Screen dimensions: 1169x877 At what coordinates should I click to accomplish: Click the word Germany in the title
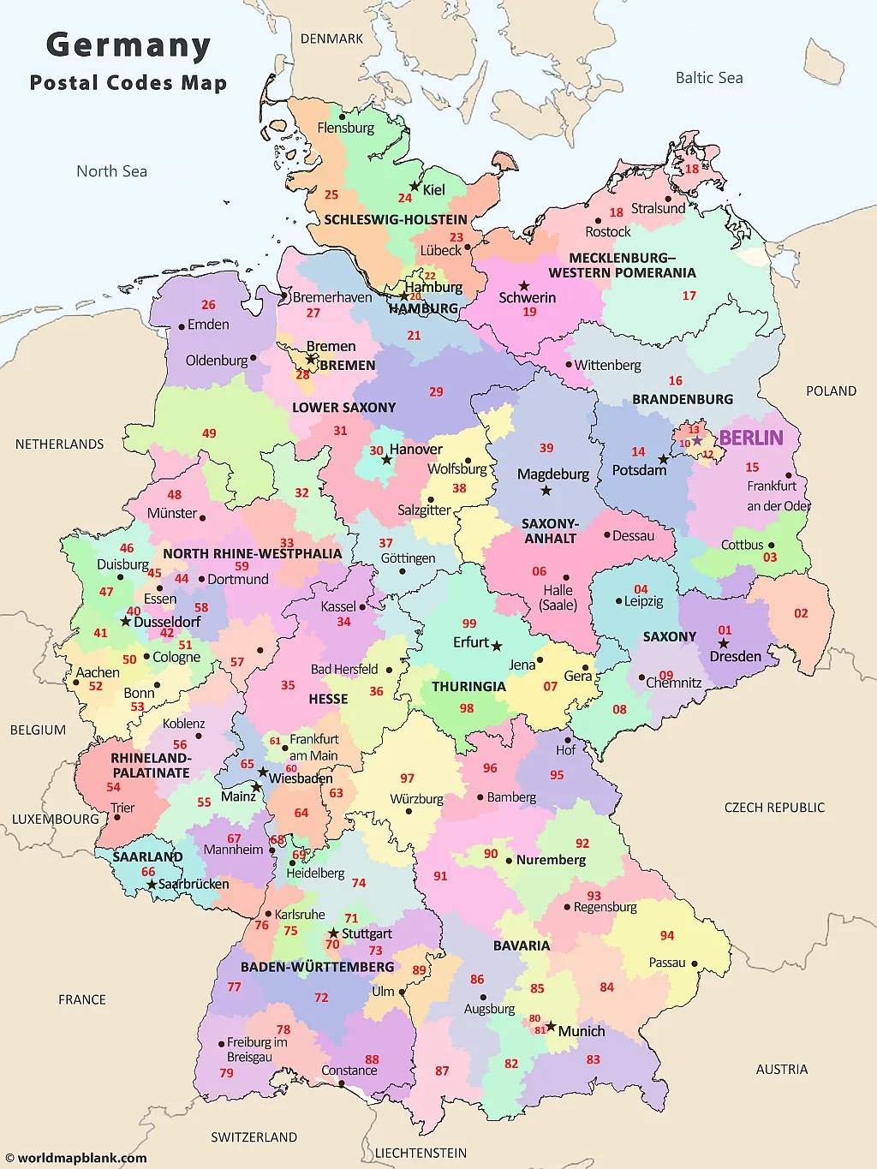tap(128, 45)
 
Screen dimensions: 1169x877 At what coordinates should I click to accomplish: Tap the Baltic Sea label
tap(709, 78)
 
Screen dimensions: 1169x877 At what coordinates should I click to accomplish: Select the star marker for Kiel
tap(415, 187)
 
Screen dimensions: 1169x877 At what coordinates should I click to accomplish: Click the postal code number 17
tap(689, 295)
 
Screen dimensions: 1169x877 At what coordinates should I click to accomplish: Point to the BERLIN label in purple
tap(751, 438)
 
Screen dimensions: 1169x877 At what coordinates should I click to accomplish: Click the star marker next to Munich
tap(551, 1026)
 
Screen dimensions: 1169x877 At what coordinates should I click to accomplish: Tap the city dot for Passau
tap(695, 963)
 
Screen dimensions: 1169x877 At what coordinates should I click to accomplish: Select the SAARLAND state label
tap(147, 856)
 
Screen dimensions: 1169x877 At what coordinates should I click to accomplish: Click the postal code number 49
tap(209, 433)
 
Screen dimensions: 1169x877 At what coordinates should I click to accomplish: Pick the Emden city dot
tap(182, 326)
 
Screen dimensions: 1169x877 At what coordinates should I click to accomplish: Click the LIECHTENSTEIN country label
tap(421, 1153)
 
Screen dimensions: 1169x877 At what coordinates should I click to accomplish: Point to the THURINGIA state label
tap(468, 687)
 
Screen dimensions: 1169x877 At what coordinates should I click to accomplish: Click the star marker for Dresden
tap(724, 643)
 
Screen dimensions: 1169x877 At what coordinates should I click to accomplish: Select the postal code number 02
tap(801, 613)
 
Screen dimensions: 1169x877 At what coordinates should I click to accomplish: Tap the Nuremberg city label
tap(551, 860)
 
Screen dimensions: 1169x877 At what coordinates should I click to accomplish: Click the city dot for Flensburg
tap(343, 117)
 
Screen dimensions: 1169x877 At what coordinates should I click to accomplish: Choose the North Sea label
tap(111, 171)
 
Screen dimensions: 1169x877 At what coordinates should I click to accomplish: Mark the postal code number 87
tap(442, 1071)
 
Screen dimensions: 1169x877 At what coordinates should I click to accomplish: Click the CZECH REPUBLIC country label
tap(774, 808)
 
